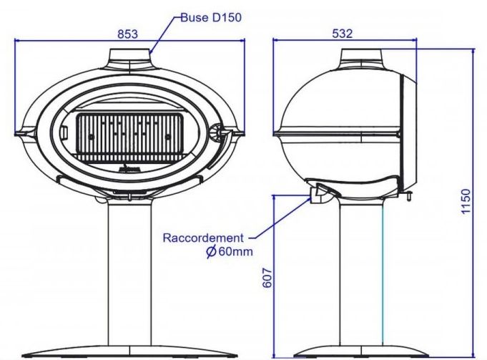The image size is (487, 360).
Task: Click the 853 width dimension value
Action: click(127, 34)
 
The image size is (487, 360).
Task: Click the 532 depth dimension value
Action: click(343, 33)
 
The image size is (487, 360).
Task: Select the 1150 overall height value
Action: click(466, 201)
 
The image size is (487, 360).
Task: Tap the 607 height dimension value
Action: click(267, 278)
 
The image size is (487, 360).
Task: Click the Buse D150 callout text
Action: click(211, 17)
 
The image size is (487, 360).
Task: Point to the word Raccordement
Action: click(203, 238)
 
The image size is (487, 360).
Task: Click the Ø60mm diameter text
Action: click(230, 251)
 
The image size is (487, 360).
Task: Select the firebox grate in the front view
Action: click(130, 137)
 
